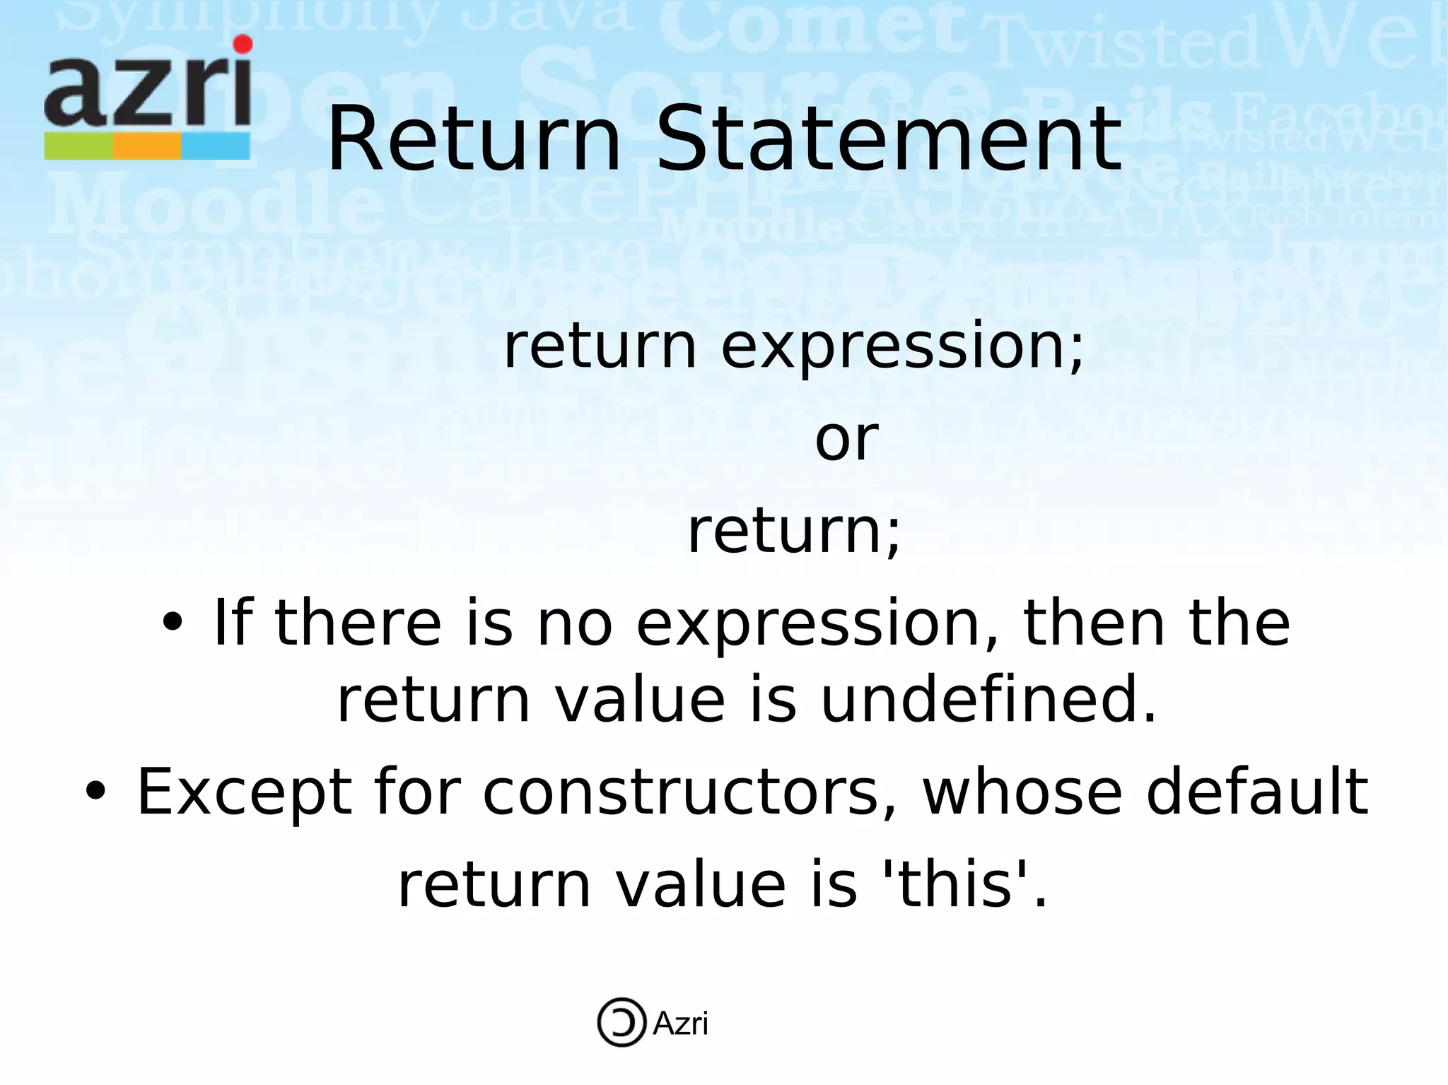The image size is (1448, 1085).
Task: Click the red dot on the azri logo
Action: click(x=243, y=45)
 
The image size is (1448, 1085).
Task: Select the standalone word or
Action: click(x=846, y=439)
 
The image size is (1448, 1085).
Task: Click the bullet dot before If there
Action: click(x=172, y=623)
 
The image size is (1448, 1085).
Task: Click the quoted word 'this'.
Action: click(x=959, y=885)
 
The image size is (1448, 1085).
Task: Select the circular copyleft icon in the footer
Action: click(x=621, y=1022)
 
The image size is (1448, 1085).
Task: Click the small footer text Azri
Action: click(x=680, y=1024)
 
